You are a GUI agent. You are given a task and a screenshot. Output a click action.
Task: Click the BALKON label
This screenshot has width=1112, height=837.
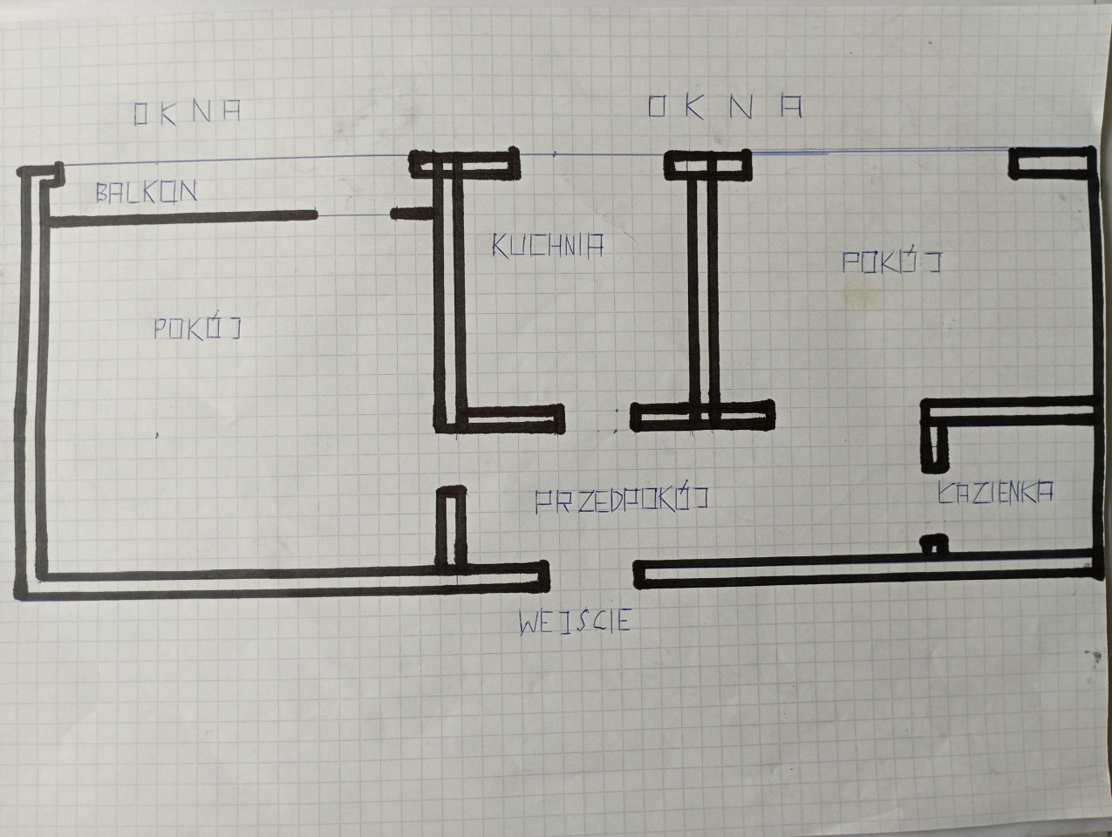[146, 192]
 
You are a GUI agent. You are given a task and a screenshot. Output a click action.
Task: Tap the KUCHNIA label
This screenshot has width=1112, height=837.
[548, 247]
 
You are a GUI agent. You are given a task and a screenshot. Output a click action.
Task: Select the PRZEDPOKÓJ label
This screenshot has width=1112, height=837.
[620, 500]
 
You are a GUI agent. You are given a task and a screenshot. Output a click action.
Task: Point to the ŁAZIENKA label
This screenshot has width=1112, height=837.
[994, 492]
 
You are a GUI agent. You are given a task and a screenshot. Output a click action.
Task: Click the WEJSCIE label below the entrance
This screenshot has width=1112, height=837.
[574, 623]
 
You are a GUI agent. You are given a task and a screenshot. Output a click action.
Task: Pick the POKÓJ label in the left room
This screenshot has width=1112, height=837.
[196, 329]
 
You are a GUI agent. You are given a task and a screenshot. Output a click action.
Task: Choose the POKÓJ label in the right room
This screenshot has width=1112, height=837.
[891, 262]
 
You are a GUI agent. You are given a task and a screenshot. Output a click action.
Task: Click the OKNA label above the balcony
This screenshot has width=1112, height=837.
[187, 113]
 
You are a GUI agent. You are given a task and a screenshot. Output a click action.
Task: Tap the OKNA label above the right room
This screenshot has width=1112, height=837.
[724, 106]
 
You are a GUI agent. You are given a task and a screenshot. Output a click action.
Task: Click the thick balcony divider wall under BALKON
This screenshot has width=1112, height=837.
[179, 218]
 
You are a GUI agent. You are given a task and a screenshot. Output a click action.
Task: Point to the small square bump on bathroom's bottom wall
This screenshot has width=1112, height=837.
[935, 545]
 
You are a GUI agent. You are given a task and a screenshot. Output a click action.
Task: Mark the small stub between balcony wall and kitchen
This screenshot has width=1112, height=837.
[408, 213]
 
